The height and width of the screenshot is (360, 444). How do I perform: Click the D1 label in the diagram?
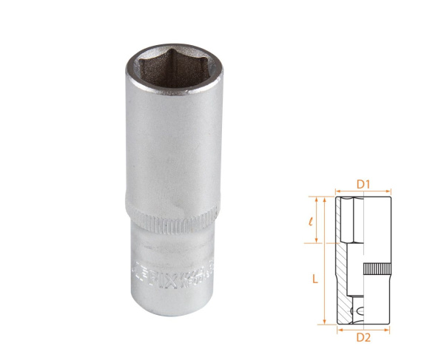point(364,183)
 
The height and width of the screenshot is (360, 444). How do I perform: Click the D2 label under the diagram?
point(364,338)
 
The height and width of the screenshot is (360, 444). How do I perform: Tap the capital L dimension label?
point(314,279)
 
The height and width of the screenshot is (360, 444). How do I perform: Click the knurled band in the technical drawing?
point(376,269)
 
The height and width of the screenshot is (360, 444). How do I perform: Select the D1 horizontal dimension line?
point(364,191)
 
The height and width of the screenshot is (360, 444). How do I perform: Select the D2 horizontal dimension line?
point(364,329)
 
